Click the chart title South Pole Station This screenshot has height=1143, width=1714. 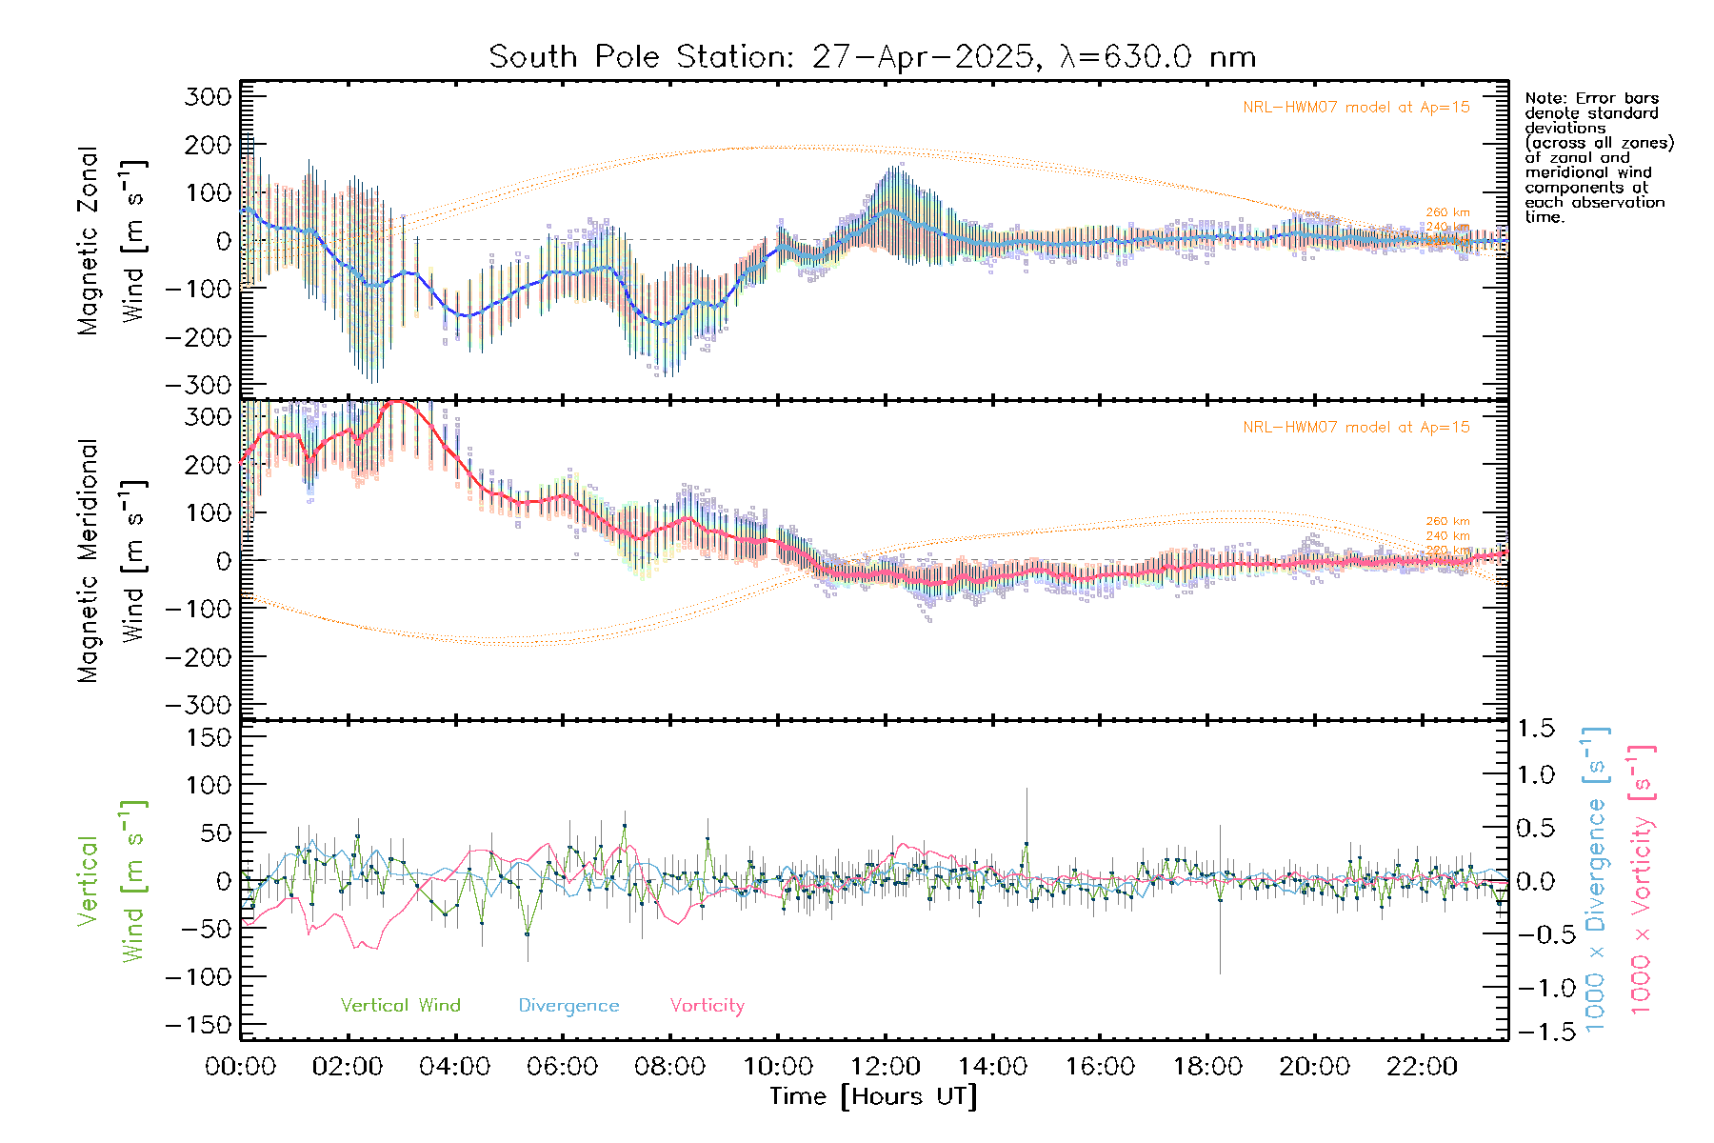click(871, 57)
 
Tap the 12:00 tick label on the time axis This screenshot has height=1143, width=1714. click(886, 1066)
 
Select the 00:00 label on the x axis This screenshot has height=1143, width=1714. click(241, 1066)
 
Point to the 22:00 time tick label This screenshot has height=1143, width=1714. click(1422, 1066)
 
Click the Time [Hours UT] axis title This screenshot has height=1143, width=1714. click(873, 1096)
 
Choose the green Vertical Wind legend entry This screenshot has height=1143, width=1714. click(400, 1005)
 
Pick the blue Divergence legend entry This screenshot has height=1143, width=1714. click(568, 1005)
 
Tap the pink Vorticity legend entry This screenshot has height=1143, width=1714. click(707, 1005)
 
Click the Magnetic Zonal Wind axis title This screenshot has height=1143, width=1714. click(111, 240)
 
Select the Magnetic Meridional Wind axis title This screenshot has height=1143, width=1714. click(111, 560)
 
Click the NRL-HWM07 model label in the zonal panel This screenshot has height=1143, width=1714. click(1356, 107)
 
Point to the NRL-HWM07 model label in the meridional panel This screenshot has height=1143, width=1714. click(1356, 427)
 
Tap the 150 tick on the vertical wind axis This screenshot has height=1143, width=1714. click(209, 737)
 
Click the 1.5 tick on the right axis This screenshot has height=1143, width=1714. click(1535, 729)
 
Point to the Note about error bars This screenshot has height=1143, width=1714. click(1598, 157)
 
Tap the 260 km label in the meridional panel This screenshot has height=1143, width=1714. click(1447, 521)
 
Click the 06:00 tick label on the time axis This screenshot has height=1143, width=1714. click(563, 1066)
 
